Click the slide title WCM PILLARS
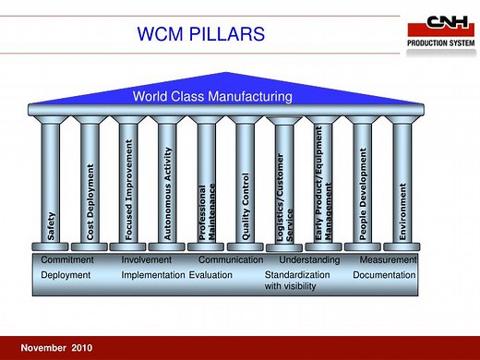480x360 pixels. (x=200, y=36)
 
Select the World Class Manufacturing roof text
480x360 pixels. (x=212, y=96)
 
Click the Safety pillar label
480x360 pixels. (x=51, y=224)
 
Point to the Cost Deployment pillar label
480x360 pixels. (x=90, y=203)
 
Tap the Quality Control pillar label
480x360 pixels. (x=246, y=207)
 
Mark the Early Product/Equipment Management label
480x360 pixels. (x=324, y=191)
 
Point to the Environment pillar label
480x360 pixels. (x=402, y=211)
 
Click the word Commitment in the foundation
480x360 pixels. (x=67, y=260)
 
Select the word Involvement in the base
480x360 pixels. (x=147, y=260)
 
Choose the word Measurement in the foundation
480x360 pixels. (x=389, y=260)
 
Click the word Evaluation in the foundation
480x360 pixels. (x=210, y=275)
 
